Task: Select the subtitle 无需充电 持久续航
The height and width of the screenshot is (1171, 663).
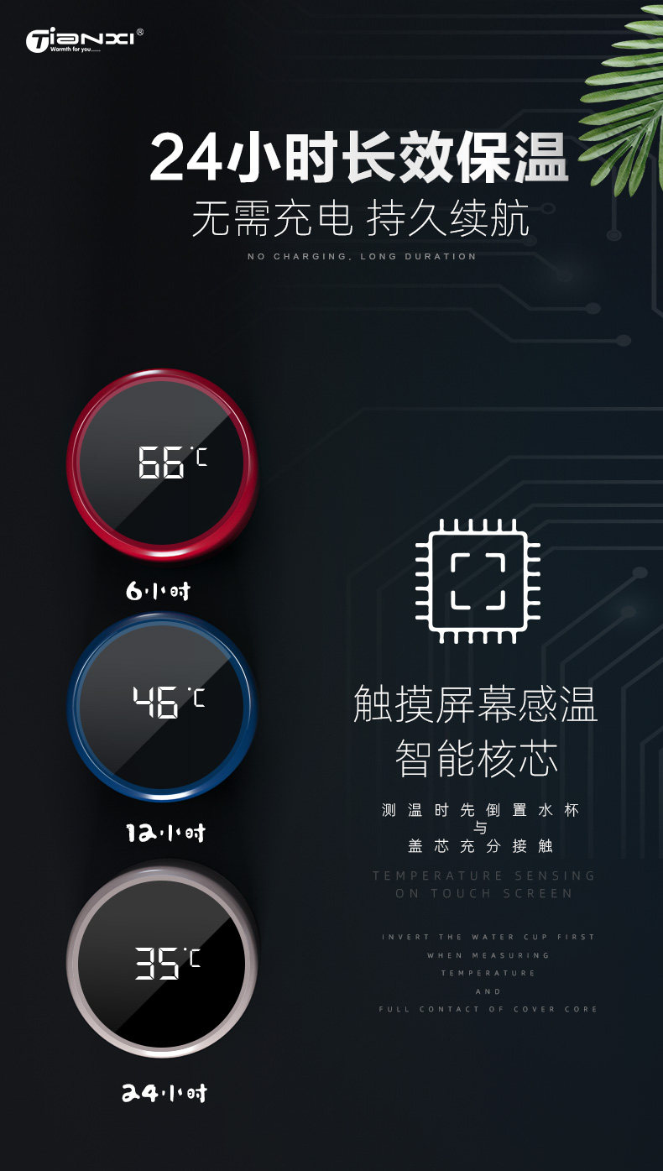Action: point(361,220)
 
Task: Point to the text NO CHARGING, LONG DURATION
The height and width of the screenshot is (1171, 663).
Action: point(362,256)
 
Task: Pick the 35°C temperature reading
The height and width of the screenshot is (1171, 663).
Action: point(168,964)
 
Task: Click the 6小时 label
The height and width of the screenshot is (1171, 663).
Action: point(159,591)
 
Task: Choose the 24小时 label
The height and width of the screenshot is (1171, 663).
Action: point(164,1093)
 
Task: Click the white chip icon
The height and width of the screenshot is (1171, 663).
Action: point(478,581)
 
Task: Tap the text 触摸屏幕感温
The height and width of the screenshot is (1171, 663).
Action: point(476,704)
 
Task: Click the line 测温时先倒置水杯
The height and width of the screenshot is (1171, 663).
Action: point(480,810)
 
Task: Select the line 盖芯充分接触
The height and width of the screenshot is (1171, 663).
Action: point(480,845)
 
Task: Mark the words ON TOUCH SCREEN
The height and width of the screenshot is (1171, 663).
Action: point(484,893)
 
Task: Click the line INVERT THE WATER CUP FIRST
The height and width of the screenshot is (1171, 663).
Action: point(488,937)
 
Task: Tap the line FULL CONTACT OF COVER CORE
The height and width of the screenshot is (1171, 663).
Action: point(488,1009)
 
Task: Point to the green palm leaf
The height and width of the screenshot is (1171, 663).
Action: point(625,101)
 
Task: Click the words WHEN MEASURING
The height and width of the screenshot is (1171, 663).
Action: point(488,955)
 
